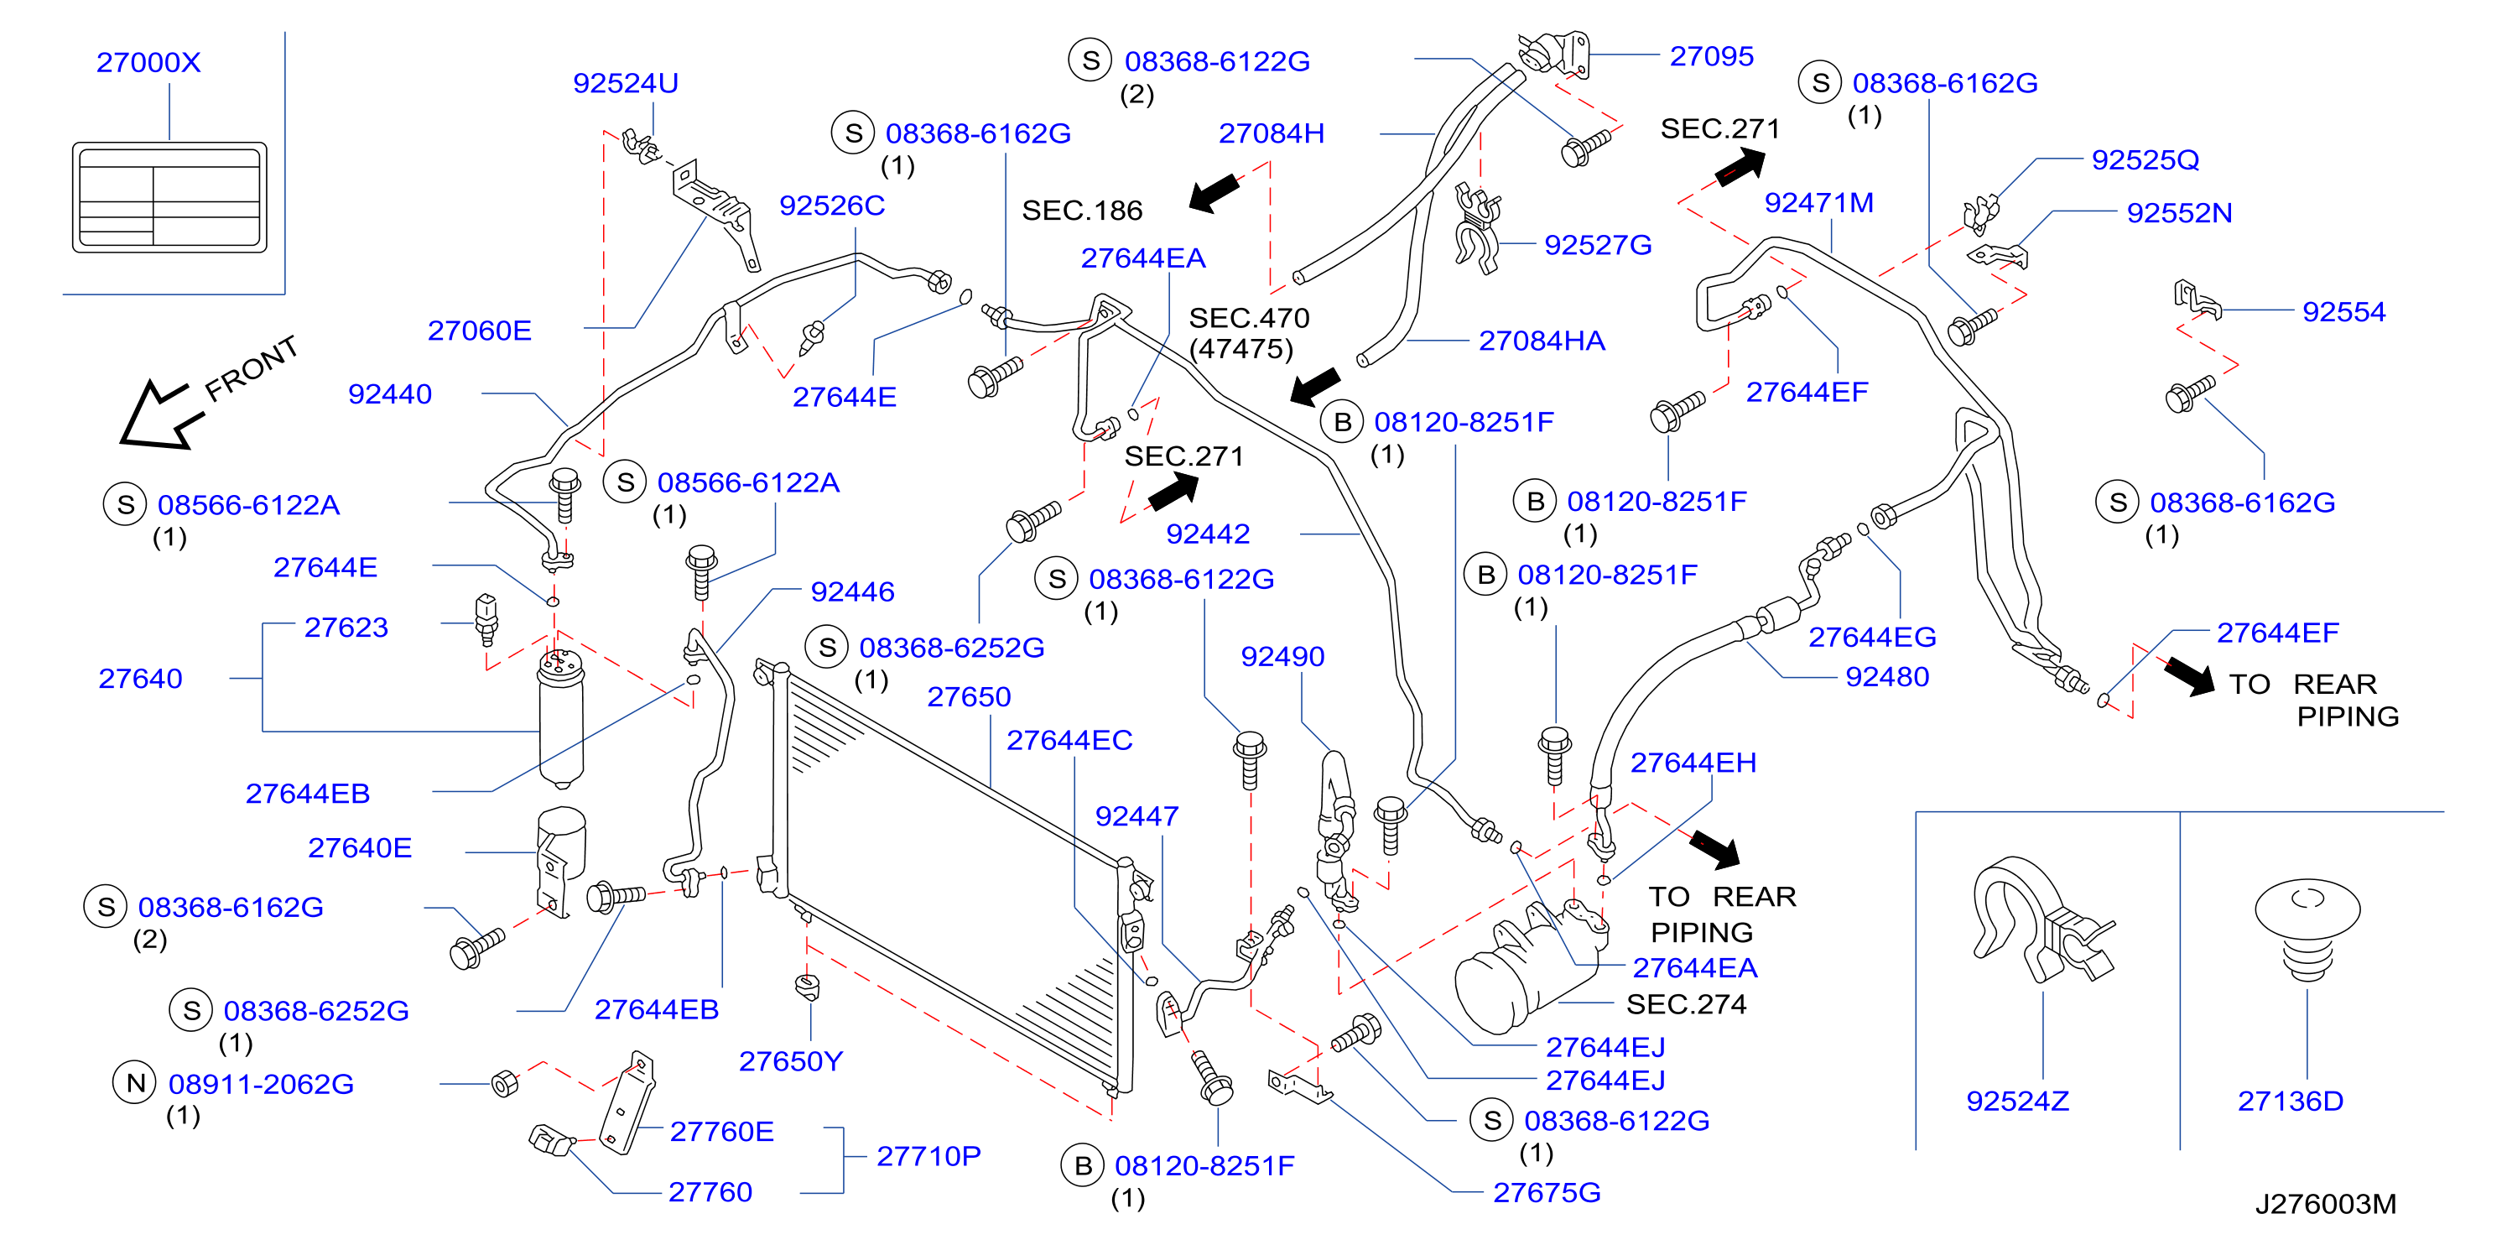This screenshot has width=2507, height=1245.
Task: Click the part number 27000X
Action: click(x=148, y=62)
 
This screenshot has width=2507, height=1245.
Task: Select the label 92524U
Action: click(x=626, y=83)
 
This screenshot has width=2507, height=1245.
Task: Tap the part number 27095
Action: click(x=1712, y=56)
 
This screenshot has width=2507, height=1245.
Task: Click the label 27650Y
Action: click(x=790, y=1061)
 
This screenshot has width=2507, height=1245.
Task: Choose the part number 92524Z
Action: click(x=2017, y=1101)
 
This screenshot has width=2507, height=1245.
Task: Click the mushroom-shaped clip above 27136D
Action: click(x=2307, y=930)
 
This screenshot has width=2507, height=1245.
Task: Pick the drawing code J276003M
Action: click(x=2326, y=1204)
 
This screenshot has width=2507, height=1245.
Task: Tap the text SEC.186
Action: click(x=1082, y=211)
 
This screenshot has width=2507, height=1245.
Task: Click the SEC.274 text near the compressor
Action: click(x=1687, y=1003)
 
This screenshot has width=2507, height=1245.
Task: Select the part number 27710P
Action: click(x=928, y=1155)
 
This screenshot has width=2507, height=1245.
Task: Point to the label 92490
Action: click(x=1282, y=656)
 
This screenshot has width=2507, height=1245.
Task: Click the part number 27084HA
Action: click(x=1542, y=341)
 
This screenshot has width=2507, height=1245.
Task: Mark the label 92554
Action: click(x=2343, y=311)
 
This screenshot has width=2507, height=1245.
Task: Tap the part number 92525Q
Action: click(x=2145, y=159)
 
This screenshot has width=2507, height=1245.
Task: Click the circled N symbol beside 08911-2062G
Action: click(x=135, y=1082)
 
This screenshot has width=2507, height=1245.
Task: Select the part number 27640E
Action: click(x=360, y=848)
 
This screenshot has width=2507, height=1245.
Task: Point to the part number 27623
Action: click(x=346, y=627)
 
